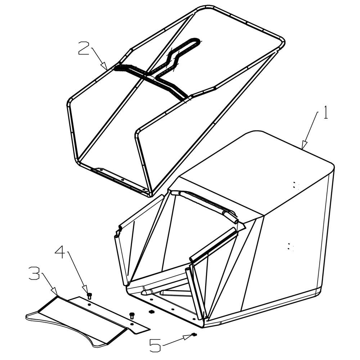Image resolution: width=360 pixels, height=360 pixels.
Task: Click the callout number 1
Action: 325,112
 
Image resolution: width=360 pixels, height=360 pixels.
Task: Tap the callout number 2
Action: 84,48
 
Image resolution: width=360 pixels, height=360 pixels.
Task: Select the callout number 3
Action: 35,273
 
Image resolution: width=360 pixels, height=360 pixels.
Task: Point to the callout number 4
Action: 60,252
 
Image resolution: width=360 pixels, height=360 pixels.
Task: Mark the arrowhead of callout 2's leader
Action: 104,66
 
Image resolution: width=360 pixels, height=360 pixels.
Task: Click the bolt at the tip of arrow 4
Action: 89,296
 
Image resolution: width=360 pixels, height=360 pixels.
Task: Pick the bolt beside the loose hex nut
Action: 132,315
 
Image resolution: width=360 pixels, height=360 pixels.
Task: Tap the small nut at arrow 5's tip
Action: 194,334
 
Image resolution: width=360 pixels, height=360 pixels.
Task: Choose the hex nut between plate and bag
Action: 151,311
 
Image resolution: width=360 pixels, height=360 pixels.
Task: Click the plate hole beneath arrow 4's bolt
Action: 89,305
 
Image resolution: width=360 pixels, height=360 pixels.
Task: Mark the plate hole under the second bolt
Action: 132,324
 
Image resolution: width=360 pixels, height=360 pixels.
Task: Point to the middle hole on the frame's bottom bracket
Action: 123,180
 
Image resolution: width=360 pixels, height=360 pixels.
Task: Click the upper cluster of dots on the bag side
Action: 294,185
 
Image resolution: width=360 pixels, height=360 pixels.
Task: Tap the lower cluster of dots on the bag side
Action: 290,246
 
